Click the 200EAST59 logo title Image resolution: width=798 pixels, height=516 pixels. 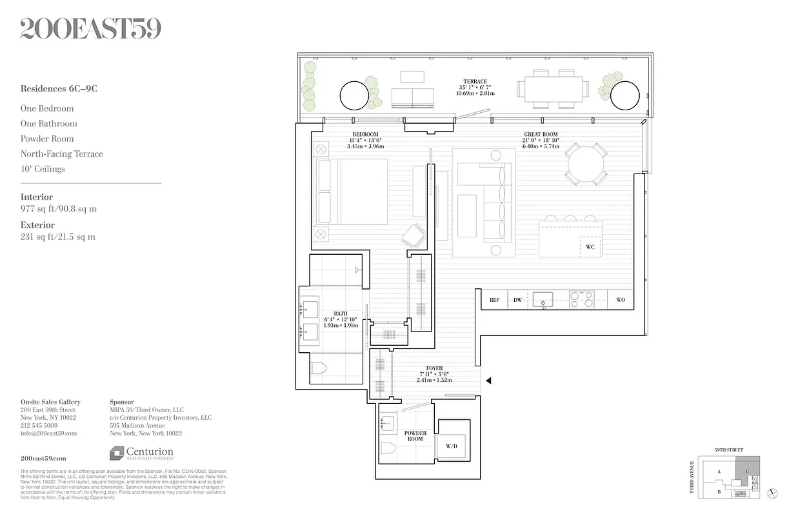tap(90, 28)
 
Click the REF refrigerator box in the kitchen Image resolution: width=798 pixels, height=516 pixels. tap(494, 300)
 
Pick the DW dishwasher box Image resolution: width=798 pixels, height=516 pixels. tap(517, 300)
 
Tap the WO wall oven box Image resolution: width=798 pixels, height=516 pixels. tap(621, 300)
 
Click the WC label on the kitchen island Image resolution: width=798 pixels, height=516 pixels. tap(590, 247)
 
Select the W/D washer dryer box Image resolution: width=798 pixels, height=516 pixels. tap(452, 446)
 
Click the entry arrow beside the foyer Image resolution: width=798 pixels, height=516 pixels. tap(488, 381)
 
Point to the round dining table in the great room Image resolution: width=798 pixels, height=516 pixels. tap(586, 164)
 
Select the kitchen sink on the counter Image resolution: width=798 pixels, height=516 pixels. tap(543, 299)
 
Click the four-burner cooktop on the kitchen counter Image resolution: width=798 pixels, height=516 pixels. tap(581, 299)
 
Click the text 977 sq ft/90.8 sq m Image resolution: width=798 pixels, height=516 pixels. tap(59, 209)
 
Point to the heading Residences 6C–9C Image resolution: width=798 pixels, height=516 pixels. tap(59, 89)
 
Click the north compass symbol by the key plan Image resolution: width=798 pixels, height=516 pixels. tap(774, 493)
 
